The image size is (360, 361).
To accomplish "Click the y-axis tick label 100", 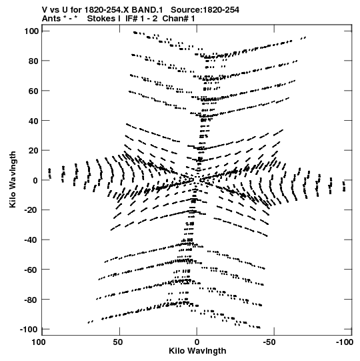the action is (x=31, y=31).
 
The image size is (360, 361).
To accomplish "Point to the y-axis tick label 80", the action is (x=33, y=61).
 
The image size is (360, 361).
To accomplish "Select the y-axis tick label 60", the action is (x=33, y=91).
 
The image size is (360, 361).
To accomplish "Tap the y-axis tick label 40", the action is (x=33, y=121).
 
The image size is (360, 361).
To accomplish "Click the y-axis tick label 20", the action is (x=33, y=151).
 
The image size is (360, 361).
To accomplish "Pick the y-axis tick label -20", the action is (x=31, y=210).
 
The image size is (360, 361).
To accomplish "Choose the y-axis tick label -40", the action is (x=31, y=240).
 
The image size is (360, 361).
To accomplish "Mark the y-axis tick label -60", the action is (x=31, y=270).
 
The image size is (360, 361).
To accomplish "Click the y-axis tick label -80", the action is (x=31, y=300).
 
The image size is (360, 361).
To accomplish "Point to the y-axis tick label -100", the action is (x=29, y=330).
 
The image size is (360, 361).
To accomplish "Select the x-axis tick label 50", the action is (x=117, y=342).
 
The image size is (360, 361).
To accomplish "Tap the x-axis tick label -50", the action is (x=269, y=342).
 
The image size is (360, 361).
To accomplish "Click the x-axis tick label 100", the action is (x=38, y=342).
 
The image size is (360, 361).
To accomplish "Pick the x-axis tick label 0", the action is (x=197, y=342).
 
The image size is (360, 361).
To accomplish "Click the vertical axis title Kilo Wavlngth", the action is (x=13, y=179).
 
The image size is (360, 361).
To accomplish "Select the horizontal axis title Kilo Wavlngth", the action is (x=197, y=351).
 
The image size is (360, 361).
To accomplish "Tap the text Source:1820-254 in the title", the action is (x=205, y=10).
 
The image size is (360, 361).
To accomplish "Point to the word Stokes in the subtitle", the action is (x=104, y=19).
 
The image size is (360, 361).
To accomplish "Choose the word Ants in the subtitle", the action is (x=51, y=19).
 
